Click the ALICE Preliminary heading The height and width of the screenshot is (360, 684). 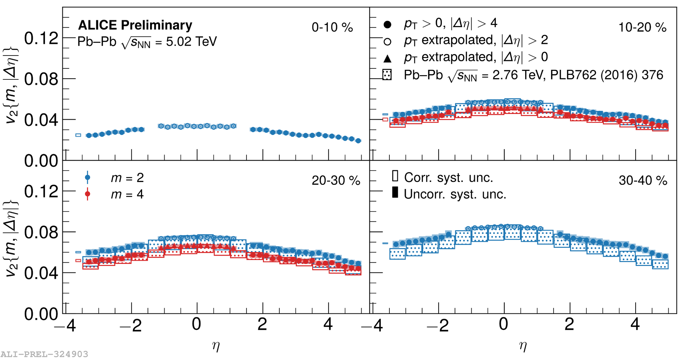coord(135,25)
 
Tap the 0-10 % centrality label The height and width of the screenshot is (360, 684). coord(332,27)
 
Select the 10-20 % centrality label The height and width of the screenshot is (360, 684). coord(642,27)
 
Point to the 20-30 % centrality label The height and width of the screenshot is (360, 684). coord(336,181)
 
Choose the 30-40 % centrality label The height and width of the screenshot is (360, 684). coord(643,181)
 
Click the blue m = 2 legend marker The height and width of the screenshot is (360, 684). coord(88,177)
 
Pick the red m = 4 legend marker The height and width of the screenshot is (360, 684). coord(88,194)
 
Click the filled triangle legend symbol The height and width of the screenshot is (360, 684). coord(387,58)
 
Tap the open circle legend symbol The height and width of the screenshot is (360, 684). coord(387,42)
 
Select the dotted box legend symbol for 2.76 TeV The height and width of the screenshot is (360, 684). coord(387,75)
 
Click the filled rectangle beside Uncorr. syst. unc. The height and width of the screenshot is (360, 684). coord(395,192)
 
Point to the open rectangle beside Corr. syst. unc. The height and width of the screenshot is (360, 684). coord(395,176)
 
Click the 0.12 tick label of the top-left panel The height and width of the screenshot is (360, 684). coord(41,38)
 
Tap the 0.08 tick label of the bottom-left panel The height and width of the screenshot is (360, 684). coord(41,232)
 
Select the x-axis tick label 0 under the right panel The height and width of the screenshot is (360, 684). coord(503,324)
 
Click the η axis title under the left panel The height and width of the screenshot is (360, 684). coord(216,346)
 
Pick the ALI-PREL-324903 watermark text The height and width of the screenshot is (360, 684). coord(44,354)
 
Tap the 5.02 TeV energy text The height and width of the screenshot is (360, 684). coord(191,42)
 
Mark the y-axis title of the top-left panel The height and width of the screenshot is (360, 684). coord(11,85)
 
